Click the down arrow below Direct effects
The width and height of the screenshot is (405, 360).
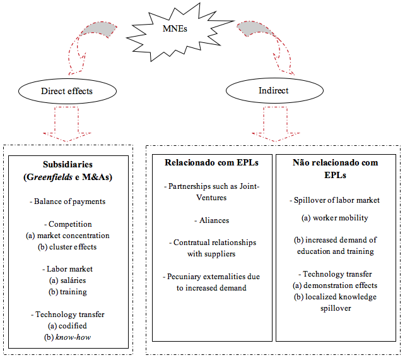(67, 124)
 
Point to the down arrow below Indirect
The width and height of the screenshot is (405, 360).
(276, 124)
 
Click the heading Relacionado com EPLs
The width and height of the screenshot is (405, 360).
(211, 163)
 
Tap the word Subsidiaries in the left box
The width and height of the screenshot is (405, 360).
(67, 164)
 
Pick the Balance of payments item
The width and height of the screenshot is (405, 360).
(67, 201)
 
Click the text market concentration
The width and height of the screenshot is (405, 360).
(73, 236)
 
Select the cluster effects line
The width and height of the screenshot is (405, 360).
(67, 247)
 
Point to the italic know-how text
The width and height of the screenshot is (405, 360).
(73, 337)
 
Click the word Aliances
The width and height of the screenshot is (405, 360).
(214, 220)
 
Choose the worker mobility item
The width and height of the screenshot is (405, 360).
(335, 218)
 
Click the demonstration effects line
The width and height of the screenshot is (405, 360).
(335, 285)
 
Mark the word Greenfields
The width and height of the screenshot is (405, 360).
(49, 177)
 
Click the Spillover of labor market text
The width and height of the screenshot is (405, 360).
(335, 200)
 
